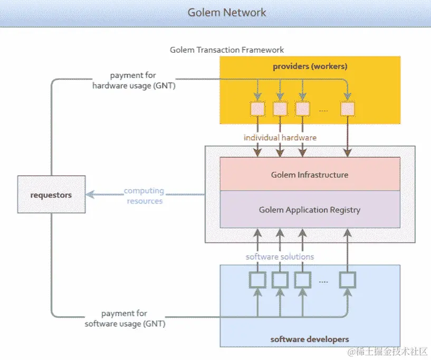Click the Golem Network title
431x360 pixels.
pos(227,12)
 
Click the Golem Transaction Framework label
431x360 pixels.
pos(227,50)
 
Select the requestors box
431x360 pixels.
pos(51,194)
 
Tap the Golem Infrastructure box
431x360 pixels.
pos(310,174)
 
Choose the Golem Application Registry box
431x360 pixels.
pos(310,209)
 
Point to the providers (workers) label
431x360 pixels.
pos(310,66)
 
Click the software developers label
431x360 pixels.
pos(310,339)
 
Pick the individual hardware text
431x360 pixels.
pos(280,138)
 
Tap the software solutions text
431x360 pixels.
pos(280,257)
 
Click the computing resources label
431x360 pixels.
pos(144,196)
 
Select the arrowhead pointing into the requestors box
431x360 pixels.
pos(90,194)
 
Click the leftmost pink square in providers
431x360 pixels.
pos(257,109)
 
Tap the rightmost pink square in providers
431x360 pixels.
pos(348,109)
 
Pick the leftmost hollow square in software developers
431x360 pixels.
pos(257,280)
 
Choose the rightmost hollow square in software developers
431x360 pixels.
pos(348,280)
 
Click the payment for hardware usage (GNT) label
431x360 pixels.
pos(133,81)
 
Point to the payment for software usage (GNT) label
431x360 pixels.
pos(125,319)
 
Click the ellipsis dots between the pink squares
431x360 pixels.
pos(324,110)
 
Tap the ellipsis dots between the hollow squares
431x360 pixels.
pos(324,281)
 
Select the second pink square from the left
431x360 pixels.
pos(280,109)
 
